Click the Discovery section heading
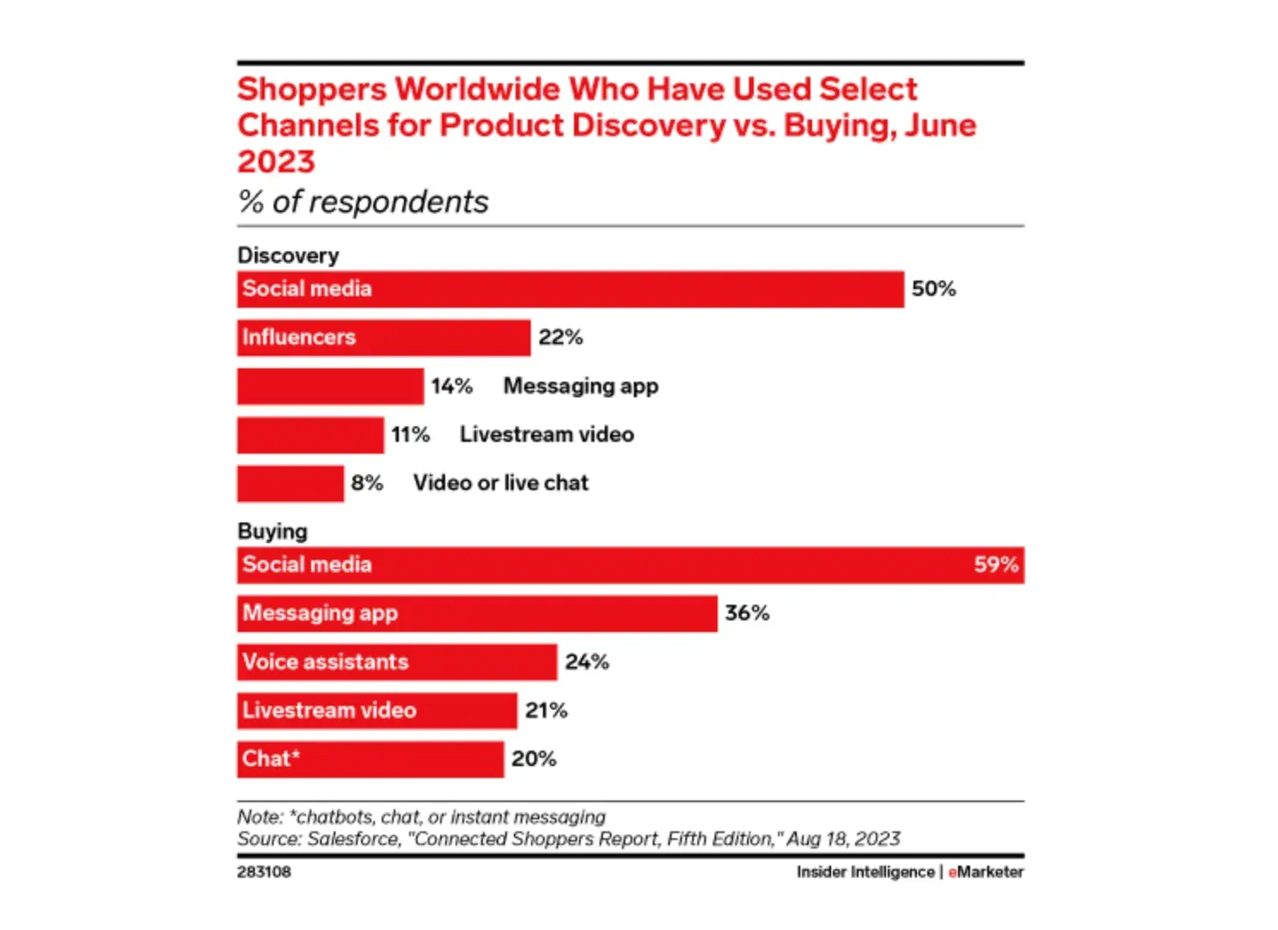[287, 256]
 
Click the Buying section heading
[272, 532]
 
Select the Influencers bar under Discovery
[383, 337]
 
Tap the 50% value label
[933, 289]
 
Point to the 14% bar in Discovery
[330, 386]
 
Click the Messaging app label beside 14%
[581, 386]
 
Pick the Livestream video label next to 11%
[546, 435]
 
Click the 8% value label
[367, 483]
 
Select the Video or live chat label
[501, 483]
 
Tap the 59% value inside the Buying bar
[996, 565]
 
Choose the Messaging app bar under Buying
[477, 613]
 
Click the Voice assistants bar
[396, 662]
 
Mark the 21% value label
[546, 710]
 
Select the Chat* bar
[370, 759]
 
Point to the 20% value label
[534, 759]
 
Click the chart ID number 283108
[264, 872]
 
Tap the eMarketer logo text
[986, 872]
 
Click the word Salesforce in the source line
[353, 839]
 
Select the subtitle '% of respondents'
[363, 202]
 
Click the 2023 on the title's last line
[276, 161]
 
